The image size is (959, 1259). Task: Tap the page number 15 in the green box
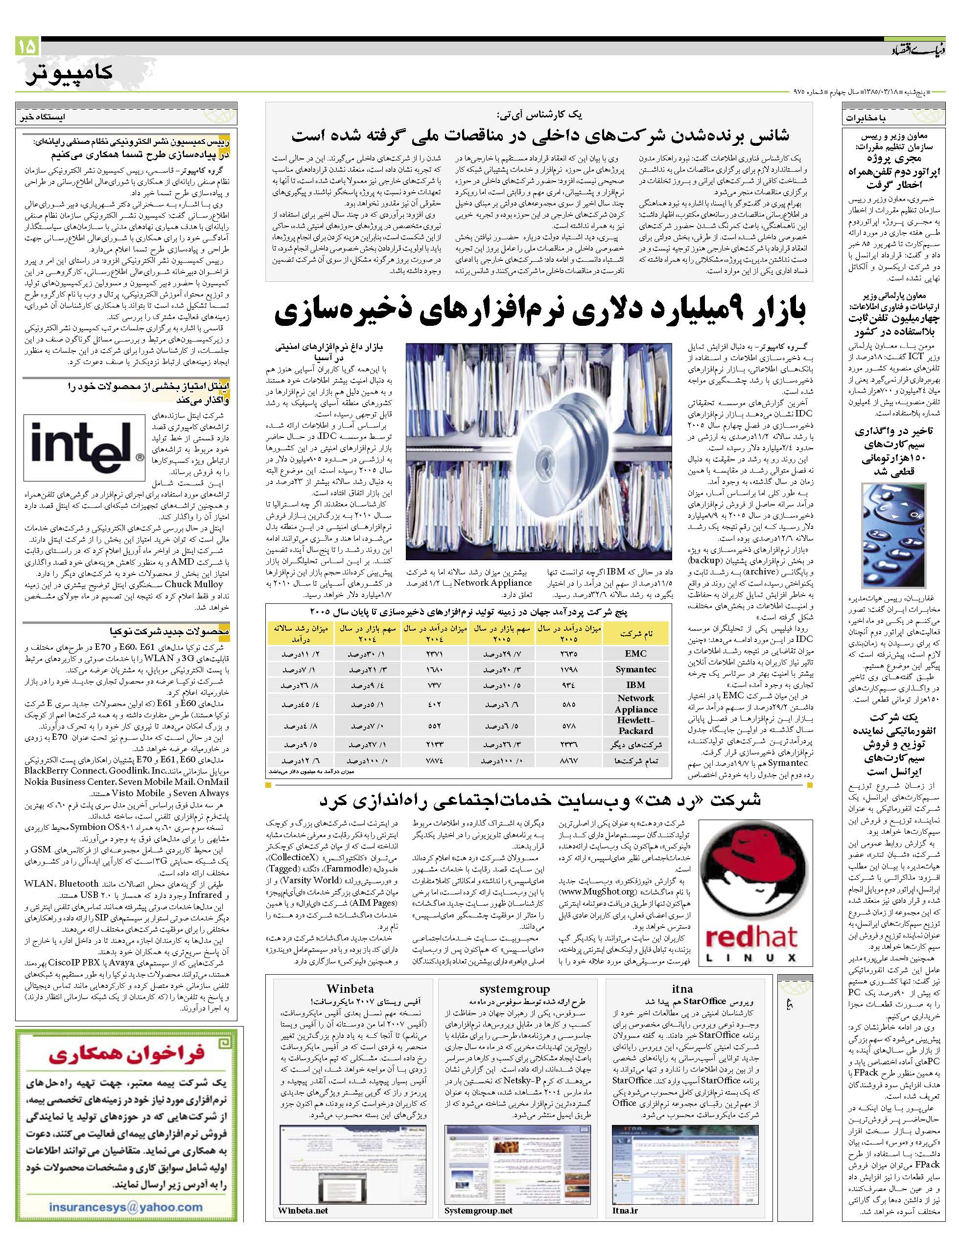tap(27, 45)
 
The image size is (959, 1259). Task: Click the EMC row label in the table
tap(635, 654)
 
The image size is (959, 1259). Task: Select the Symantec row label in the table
tap(635, 669)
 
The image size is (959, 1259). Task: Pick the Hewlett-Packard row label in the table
tap(635, 725)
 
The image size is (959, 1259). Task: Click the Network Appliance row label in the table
tap(635, 703)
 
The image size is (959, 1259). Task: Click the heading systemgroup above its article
tap(515, 989)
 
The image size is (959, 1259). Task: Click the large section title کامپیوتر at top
tap(69, 73)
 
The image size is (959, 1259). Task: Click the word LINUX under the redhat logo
tap(750, 958)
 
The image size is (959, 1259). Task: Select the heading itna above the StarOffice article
tap(682, 989)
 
